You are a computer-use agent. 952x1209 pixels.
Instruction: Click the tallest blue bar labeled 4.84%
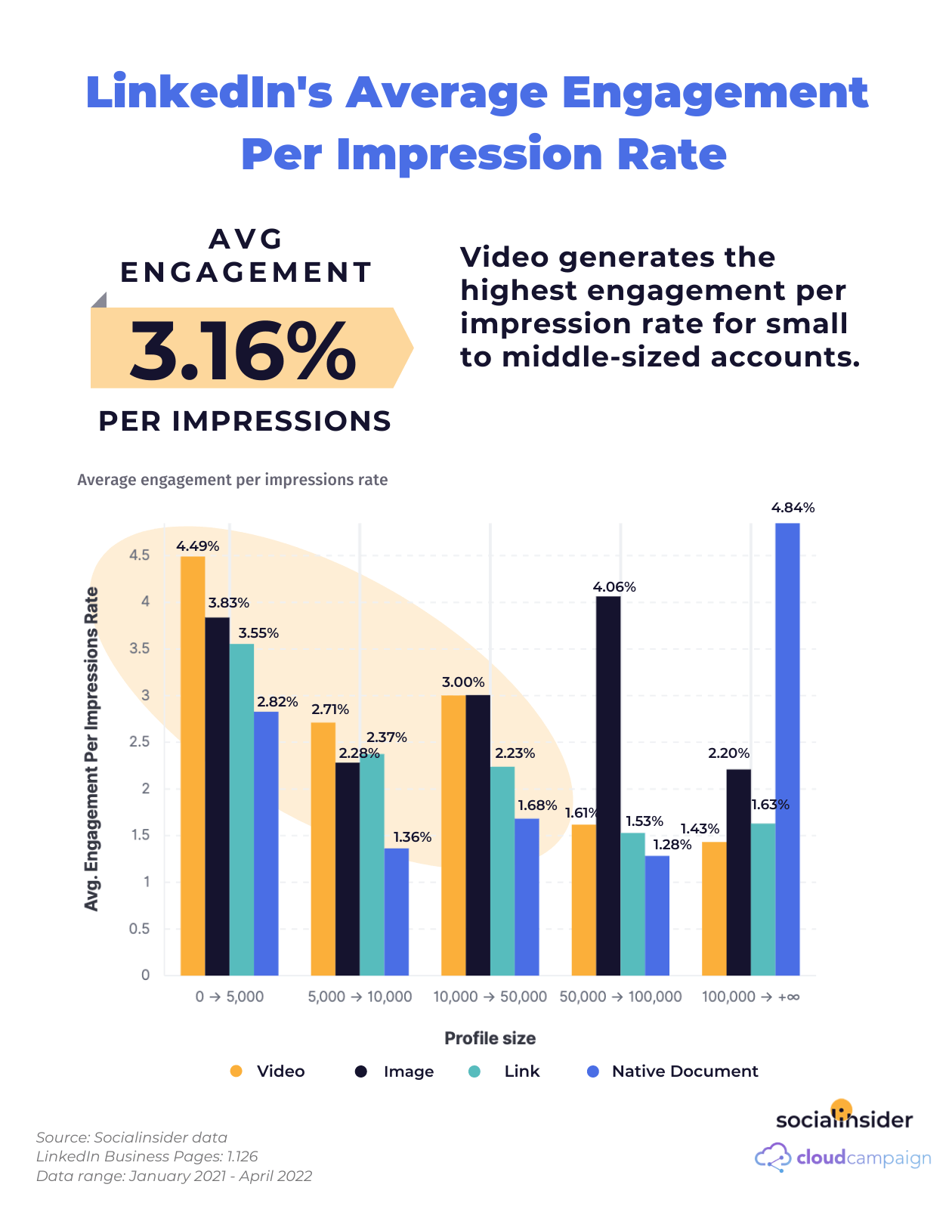(787, 748)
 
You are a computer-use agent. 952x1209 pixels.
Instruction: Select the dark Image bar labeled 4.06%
(608, 786)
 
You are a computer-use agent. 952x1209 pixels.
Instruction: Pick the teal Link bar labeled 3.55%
(242, 809)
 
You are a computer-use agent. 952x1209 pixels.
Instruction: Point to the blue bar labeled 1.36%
(397, 911)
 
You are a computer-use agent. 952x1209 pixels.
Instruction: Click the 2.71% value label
(330, 710)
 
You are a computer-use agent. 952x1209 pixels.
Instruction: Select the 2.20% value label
(728, 753)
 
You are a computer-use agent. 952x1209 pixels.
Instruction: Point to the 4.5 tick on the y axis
(140, 555)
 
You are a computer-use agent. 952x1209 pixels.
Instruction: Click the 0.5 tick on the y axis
(140, 929)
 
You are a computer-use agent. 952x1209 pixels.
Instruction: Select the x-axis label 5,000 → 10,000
(360, 997)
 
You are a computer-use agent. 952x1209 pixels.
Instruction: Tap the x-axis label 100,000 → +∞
(750, 997)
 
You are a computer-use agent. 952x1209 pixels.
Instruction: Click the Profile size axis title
(490, 1038)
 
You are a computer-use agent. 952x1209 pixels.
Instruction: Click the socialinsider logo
(844, 1118)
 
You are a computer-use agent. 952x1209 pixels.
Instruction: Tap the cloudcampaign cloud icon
(772, 1158)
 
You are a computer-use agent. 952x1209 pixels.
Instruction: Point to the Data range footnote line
(174, 1176)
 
